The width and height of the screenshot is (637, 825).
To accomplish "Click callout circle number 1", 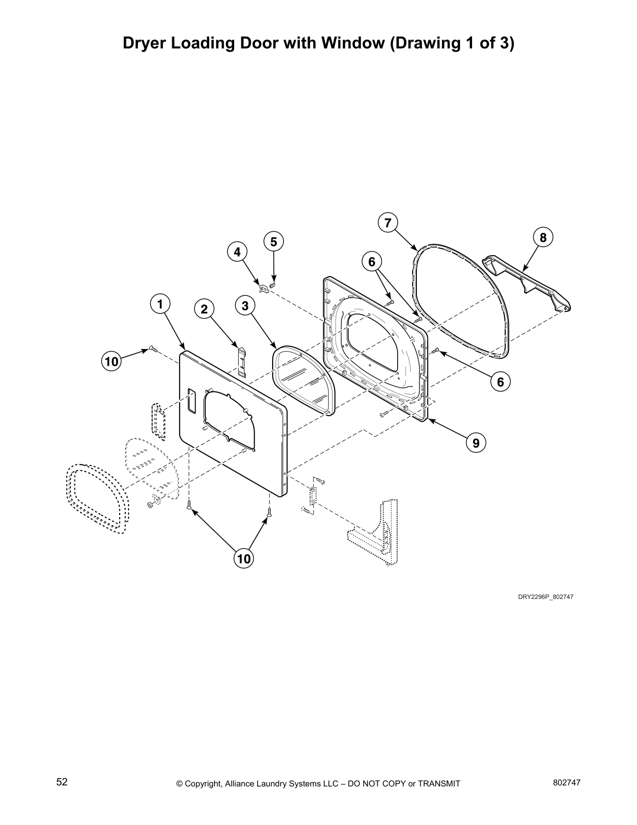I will coord(161,304).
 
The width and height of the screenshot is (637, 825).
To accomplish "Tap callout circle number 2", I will coord(205,309).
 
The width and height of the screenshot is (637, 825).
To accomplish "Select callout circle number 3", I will coord(245,305).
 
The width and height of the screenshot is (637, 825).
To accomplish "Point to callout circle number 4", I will coord(237,253).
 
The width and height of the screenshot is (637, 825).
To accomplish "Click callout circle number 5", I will coord(274,242).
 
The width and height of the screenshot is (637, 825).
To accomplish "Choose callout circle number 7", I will coord(388,223).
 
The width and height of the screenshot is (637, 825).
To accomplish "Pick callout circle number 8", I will coord(543,238).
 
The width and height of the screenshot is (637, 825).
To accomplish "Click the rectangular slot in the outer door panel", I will coord(190,401).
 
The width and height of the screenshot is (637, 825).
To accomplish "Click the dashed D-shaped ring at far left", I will coord(97,498).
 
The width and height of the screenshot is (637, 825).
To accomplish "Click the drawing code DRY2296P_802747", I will coord(545,597).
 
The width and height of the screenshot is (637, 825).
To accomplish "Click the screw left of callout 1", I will coord(152,348).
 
